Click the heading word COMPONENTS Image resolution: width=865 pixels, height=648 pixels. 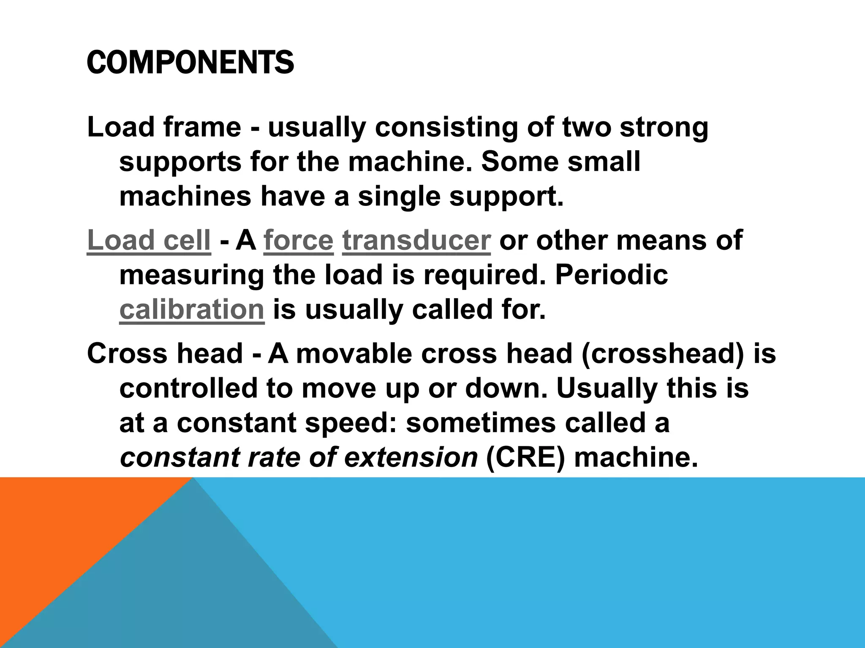pos(190,62)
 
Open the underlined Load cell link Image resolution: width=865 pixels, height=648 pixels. pos(149,240)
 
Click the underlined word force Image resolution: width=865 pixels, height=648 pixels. pos(299,240)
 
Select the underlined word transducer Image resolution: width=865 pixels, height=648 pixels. pos(416,240)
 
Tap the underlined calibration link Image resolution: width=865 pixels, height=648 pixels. pos(192,310)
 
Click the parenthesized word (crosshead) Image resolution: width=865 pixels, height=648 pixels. pos(662,354)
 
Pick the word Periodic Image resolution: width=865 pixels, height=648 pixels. pos(611,275)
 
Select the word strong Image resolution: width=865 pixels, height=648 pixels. pos(664,127)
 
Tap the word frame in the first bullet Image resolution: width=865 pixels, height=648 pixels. pos(202,127)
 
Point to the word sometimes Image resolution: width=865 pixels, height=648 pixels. pos(481,423)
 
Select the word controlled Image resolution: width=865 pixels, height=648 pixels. pos(188,388)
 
